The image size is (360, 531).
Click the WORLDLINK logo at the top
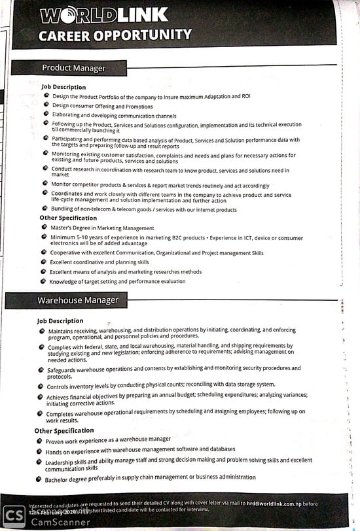(x=104, y=15)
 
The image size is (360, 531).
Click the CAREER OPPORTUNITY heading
(x=115, y=35)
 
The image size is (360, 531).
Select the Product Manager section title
(x=73, y=67)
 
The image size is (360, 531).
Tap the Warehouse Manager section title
(x=77, y=300)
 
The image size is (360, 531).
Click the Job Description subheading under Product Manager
(x=63, y=87)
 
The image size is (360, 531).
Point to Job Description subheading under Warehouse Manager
(x=60, y=321)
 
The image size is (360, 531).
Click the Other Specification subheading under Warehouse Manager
(x=64, y=430)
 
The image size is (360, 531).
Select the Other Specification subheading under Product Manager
(x=68, y=218)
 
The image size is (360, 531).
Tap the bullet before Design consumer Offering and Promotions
(x=46, y=105)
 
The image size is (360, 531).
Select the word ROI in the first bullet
(x=245, y=96)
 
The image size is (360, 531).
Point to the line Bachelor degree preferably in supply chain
(x=150, y=478)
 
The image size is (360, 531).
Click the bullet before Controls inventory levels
(x=41, y=385)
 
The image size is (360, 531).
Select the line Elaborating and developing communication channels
(x=114, y=115)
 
